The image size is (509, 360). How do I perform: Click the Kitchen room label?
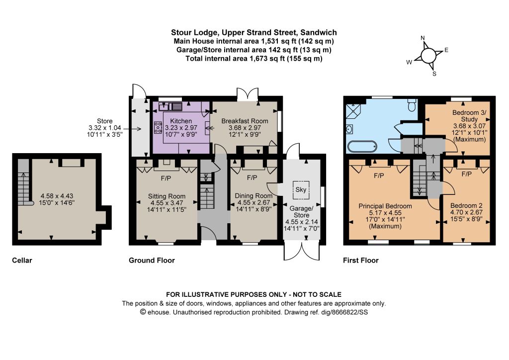pos(181,121)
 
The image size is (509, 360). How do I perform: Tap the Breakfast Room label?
pos(245,121)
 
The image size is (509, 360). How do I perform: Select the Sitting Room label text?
pos(167,196)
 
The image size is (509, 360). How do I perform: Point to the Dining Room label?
pos(254,196)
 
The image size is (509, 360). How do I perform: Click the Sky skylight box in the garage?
pos(301,189)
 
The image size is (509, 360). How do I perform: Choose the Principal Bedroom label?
pos(385,206)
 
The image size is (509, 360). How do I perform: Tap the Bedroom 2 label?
pos(466,205)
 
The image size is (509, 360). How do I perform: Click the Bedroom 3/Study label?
pos(469,116)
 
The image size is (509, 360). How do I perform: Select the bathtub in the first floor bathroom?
pos(362,146)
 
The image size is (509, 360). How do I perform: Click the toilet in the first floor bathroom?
pos(412,104)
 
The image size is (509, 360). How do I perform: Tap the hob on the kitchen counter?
pos(158,127)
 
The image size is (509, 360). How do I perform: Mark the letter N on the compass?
pos(423,38)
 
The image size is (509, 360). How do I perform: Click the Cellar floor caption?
pos(22,261)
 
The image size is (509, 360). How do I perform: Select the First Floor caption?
pos(361,261)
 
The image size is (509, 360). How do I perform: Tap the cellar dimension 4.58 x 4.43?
pos(57,196)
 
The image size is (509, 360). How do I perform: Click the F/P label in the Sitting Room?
pos(166,178)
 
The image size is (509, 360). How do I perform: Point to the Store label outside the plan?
pos(104,121)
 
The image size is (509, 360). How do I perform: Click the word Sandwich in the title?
pos(319,32)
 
